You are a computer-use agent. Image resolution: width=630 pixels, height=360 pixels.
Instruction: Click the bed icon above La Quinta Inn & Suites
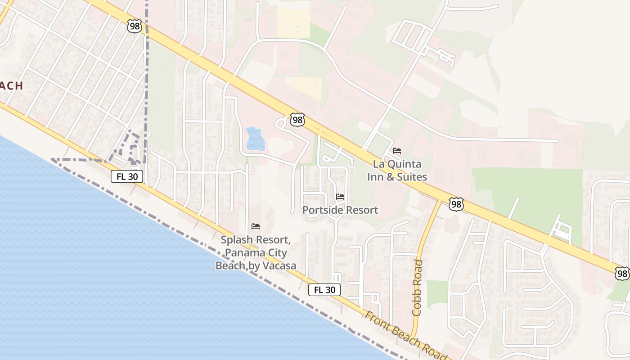(396, 151)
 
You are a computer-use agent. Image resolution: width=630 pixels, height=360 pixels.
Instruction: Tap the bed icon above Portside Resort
(340, 197)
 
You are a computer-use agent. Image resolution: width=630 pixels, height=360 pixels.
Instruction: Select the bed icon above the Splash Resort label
(256, 226)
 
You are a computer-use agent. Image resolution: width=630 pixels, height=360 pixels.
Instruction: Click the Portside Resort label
(340, 210)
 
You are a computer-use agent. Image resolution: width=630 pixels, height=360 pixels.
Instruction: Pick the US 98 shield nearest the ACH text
(134, 26)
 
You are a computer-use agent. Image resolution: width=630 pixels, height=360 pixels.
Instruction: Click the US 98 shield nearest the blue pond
(297, 120)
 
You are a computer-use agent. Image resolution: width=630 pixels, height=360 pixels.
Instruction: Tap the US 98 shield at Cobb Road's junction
(456, 204)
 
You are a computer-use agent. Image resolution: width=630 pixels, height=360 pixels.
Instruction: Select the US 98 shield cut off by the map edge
(622, 273)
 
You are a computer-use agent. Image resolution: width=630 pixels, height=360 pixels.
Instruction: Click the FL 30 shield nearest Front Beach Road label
(324, 290)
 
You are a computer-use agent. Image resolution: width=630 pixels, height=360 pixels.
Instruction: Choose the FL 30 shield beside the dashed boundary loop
(127, 176)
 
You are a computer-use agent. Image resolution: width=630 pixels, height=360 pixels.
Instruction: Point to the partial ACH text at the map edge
(11, 85)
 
